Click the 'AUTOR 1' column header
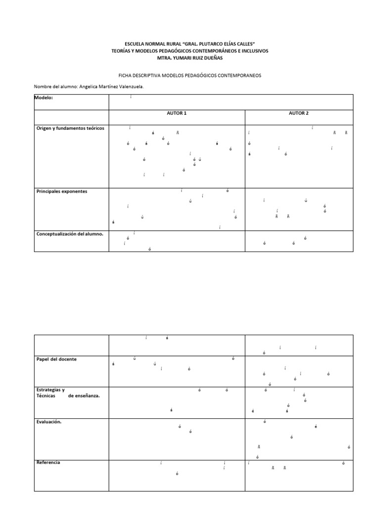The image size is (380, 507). tap(177, 113)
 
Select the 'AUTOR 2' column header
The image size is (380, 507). tap(298, 113)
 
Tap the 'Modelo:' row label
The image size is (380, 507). tap(44, 98)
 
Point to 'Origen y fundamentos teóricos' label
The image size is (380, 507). tap(70, 128)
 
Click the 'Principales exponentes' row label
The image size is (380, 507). tap(62, 191)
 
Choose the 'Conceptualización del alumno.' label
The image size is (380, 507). tap(70, 234)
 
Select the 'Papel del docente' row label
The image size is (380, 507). tap(57, 359)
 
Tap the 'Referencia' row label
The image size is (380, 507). tap(48, 462)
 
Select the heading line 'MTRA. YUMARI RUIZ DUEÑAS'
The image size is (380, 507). tap(190, 58)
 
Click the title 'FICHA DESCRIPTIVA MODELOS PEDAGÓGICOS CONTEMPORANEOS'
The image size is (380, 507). tap(190, 76)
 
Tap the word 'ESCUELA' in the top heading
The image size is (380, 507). tap(136, 44)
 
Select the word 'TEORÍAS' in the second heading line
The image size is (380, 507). tap(123, 51)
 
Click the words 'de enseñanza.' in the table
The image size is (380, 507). tap(84, 396)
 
